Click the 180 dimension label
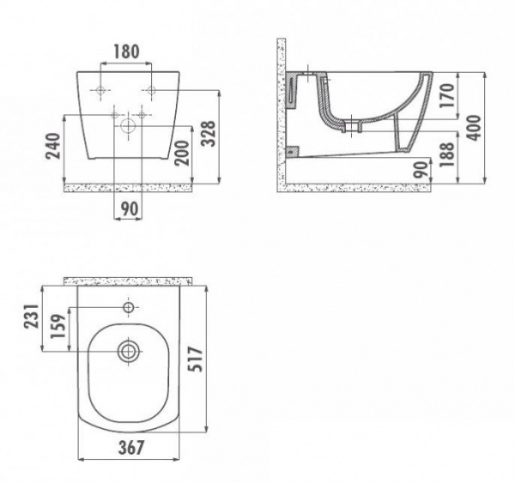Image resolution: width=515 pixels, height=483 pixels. [126, 51]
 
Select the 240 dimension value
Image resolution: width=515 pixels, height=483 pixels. [53, 146]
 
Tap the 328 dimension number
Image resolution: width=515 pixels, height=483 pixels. [209, 133]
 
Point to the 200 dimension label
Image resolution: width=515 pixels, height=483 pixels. [182, 154]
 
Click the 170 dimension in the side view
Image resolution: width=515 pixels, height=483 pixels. [448, 96]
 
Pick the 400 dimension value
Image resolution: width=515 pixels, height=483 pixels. [474, 128]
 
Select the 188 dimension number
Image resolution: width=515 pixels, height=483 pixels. [448, 154]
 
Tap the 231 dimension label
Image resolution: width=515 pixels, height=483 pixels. [31, 317]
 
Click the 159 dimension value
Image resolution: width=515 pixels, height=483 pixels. [58, 326]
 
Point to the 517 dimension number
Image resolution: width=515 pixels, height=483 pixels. [195, 359]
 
